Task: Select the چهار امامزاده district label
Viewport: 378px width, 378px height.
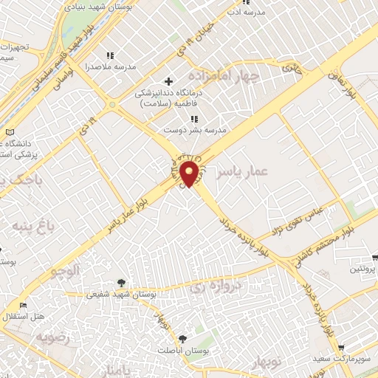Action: point(224,77)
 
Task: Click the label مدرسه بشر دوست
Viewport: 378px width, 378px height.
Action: point(193,130)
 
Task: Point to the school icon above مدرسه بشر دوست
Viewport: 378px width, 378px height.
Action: point(193,119)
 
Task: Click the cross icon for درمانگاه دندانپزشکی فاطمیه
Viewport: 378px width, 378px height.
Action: point(168,80)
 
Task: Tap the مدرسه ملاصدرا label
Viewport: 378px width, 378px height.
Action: point(111,66)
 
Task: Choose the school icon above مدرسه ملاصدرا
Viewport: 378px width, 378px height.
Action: point(111,55)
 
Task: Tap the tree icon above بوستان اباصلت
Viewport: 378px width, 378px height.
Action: point(182,337)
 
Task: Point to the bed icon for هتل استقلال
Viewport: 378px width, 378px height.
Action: point(23,305)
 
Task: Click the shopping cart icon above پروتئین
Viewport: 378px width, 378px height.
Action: point(375,258)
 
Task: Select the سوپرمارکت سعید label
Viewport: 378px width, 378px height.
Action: point(350,359)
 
